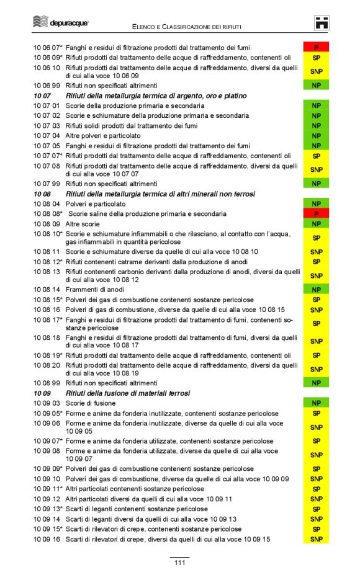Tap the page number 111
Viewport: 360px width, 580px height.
coord(179,562)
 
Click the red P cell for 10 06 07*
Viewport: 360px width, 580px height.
coord(316,47)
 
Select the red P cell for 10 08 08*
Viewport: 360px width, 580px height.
coord(316,213)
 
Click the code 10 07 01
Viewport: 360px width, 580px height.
coord(47,106)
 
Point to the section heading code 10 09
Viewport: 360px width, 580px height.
coord(42,393)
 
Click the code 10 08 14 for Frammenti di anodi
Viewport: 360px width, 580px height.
coord(47,290)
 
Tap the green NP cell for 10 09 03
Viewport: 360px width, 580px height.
coord(316,403)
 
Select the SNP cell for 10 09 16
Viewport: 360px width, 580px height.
coord(316,539)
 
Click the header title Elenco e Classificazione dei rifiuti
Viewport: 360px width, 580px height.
coord(187,27)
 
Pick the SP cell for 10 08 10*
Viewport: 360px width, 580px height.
coord(316,238)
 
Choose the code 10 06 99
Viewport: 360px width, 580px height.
coord(47,85)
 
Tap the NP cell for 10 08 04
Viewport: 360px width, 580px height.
coord(316,203)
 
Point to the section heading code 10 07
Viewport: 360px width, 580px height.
coord(42,96)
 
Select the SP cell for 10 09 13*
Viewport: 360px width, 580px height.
coord(316,509)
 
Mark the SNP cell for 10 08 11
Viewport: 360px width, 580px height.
coord(316,252)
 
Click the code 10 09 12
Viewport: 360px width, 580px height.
coord(47,499)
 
